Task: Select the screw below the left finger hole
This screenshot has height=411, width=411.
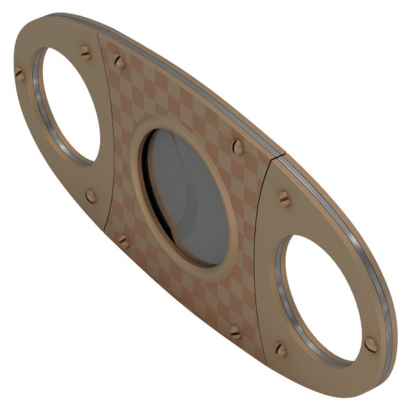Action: click(91, 196)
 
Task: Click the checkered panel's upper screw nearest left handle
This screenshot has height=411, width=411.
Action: click(119, 62)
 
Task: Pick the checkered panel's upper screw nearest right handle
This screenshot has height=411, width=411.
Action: click(238, 147)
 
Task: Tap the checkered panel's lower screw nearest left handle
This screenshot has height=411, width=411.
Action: click(124, 241)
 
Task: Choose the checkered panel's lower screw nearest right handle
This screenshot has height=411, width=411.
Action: click(235, 332)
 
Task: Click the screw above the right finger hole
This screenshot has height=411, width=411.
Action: click(284, 199)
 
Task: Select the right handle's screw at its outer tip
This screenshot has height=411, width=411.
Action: click(371, 344)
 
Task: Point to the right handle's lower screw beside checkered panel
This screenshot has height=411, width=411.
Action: click(281, 349)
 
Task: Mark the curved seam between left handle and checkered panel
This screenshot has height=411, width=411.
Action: click(110, 137)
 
